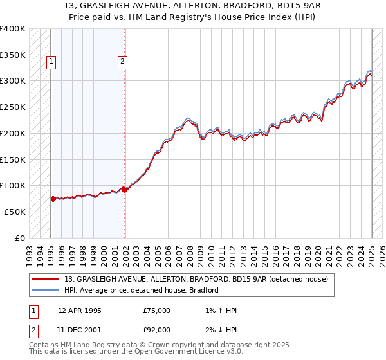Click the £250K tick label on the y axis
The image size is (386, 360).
[12, 107]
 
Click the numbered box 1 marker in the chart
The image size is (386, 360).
[51, 62]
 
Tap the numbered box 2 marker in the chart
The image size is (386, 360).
[122, 62]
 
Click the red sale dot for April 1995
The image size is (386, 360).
[53, 199]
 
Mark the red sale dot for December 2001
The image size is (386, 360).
[124, 190]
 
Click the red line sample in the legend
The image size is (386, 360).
[46, 279]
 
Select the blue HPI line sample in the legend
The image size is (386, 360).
[46, 290]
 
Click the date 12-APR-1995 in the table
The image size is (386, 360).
[80, 310]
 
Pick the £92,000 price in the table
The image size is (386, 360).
[157, 330]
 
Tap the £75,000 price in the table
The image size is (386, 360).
[157, 310]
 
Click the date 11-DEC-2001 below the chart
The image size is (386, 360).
[80, 330]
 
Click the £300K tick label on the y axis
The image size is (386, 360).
[12, 81]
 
